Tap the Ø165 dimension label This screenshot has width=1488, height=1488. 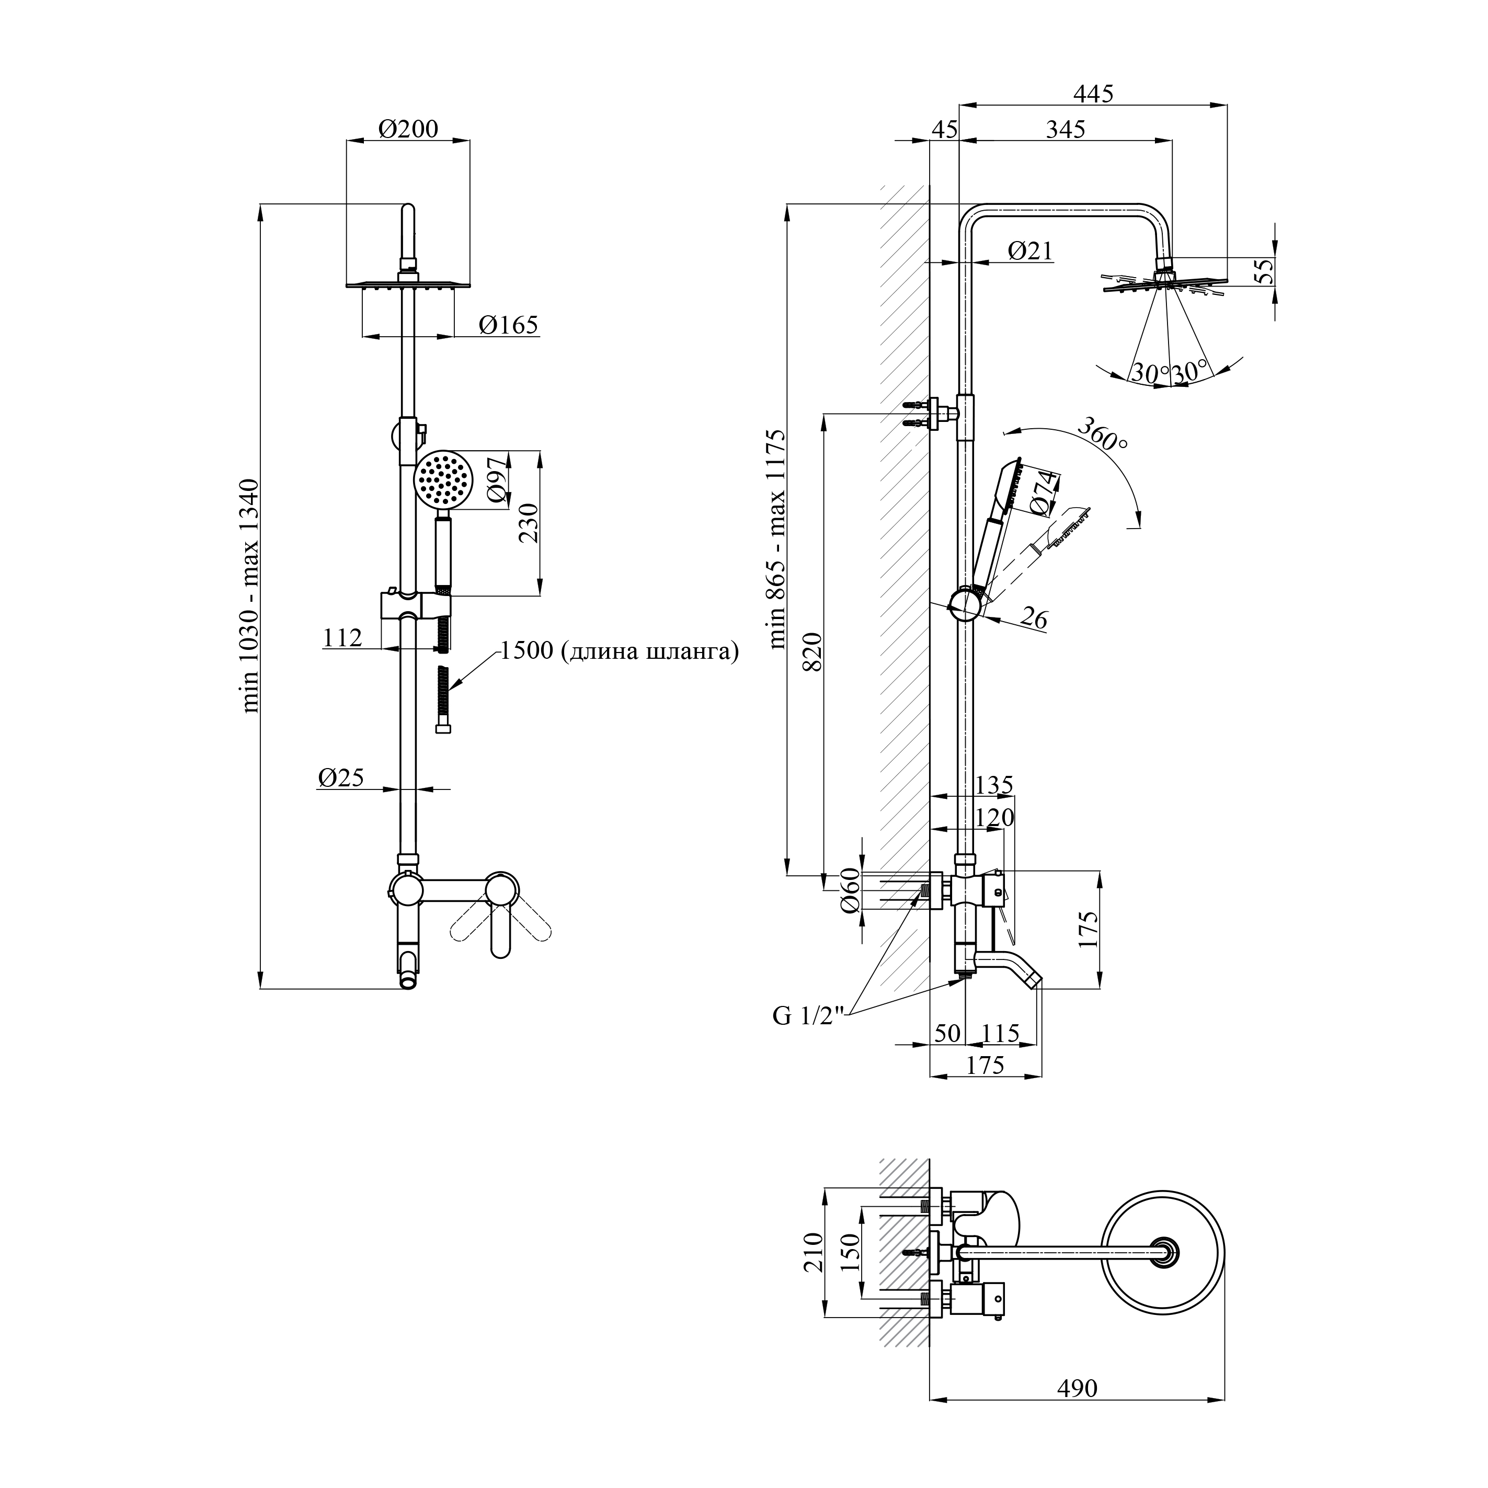click(508, 326)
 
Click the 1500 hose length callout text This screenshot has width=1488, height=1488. click(619, 651)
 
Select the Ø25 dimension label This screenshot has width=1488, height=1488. click(340, 778)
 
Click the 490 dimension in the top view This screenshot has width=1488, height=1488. click(1076, 1388)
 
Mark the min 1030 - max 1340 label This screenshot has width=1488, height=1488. click(250, 596)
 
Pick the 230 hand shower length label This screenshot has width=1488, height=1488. click(529, 523)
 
